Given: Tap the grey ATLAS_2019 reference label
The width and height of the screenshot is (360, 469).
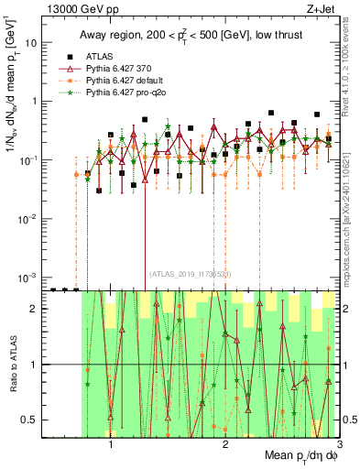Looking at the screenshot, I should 191,274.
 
